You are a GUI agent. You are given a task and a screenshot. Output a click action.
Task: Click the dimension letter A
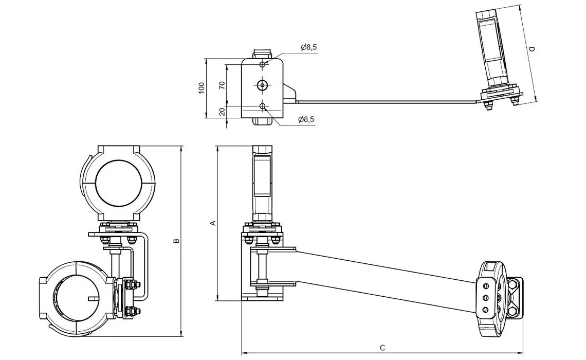(x=213, y=223)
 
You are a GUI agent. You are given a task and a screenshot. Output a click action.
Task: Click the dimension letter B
(x=177, y=241)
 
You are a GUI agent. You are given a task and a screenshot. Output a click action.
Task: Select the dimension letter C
(x=382, y=348)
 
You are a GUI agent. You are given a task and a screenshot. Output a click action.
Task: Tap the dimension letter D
(x=532, y=49)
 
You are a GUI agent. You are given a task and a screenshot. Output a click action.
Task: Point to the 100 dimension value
(x=202, y=88)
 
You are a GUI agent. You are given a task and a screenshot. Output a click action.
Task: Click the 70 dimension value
(x=223, y=85)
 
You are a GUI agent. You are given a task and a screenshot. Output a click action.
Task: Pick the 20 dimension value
(x=223, y=112)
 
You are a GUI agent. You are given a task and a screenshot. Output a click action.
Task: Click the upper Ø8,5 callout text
(x=309, y=47)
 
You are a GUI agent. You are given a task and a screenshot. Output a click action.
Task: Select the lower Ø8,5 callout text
(x=306, y=119)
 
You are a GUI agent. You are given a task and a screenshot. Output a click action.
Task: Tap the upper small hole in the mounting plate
(x=263, y=64)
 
